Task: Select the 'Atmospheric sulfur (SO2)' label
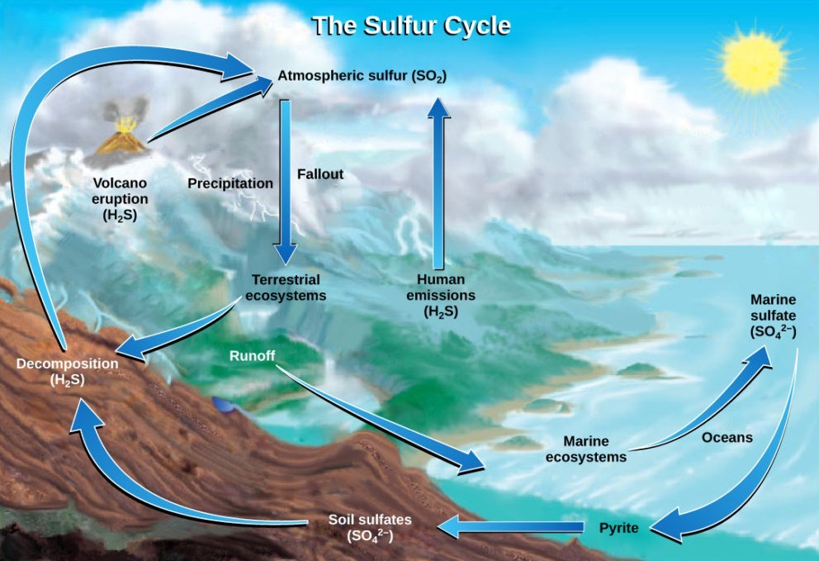tap(362, 77)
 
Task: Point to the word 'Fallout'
tap(320, 175)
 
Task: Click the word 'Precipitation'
tap(230, 183)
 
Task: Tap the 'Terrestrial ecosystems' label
tap(286, 288)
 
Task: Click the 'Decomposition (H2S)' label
tap(68, 371)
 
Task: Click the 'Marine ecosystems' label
tap(585, 449)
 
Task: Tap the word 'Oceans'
tap(727, 437)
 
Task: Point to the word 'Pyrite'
tap(618, 527)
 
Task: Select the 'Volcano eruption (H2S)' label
tap(121, 199)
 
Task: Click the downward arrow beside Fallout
tap(286, 178)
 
